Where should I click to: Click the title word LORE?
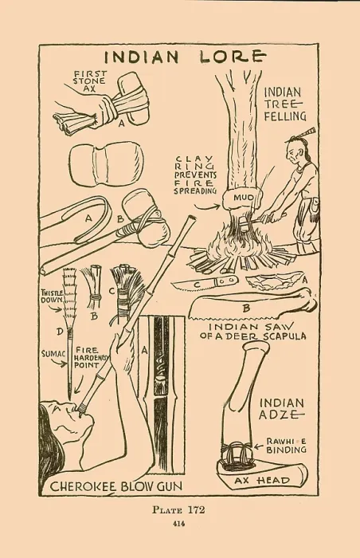click(233, 57)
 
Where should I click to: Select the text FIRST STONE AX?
click(89, 81)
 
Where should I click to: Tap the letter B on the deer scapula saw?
click(247, 308)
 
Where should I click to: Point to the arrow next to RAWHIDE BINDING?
click(259, 446)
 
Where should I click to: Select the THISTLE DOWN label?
click(53, 297)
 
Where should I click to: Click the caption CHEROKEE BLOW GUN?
click(115, 486)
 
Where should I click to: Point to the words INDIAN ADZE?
click(281, 408)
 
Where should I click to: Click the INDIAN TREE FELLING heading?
click(285, 104)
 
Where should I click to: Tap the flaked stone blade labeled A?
click(275, 283)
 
